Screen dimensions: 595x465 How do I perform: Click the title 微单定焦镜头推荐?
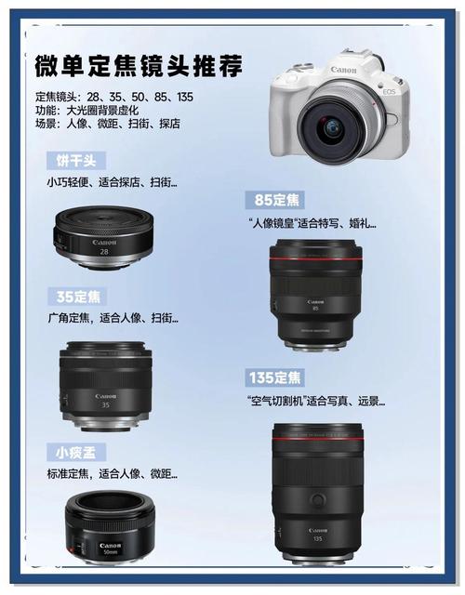pos(139,66)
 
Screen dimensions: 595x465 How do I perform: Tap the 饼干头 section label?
pos(76,160)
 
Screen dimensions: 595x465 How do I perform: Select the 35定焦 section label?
pos(76,297)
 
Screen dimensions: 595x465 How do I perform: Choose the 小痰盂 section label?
pos(76,452)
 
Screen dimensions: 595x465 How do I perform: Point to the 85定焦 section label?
pos(276,201)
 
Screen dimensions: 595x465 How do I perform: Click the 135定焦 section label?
pos(275,378)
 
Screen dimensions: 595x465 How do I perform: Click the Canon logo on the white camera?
pos(343,70)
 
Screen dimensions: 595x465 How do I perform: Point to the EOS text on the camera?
pos(388,91)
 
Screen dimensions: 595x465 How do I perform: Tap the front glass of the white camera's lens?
pos(330,128)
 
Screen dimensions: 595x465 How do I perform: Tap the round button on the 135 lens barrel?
pos(318,500)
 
